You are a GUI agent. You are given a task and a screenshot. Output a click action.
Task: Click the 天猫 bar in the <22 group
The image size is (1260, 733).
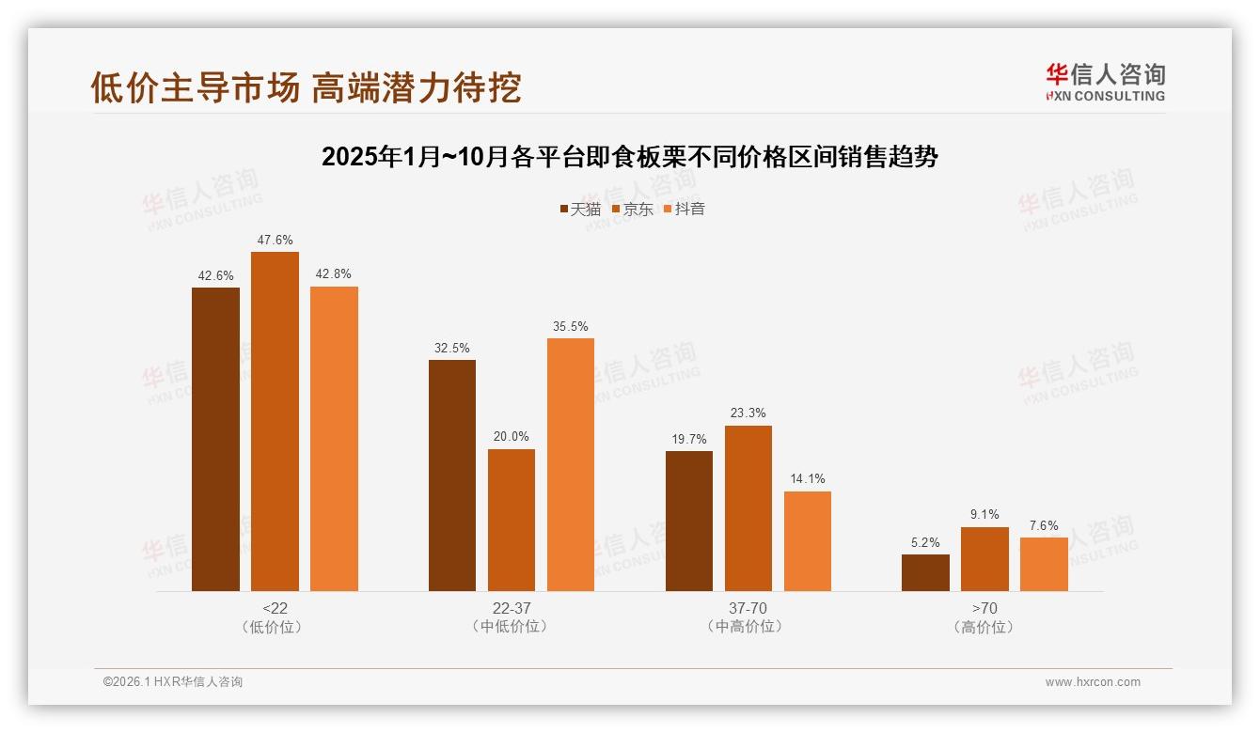[215, 439]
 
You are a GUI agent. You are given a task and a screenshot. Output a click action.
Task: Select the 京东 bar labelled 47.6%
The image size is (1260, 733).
[275, 421]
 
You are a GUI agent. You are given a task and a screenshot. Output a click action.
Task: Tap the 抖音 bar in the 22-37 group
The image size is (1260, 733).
[571, 464]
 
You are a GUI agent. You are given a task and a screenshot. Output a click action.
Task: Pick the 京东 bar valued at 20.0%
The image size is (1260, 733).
[512, 520]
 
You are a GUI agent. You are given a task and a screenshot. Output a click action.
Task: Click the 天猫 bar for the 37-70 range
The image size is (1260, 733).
[689, 521]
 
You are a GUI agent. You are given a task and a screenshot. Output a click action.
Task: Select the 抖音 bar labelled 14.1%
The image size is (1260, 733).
[808, 540]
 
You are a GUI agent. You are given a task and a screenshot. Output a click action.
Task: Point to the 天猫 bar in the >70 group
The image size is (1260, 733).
[925, 572]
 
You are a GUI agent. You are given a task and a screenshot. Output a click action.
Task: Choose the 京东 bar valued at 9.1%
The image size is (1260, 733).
[984, 559]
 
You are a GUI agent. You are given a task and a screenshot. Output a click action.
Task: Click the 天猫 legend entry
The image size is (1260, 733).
[580, 209]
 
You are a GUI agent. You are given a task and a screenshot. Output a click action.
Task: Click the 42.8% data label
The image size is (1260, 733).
[334, 274]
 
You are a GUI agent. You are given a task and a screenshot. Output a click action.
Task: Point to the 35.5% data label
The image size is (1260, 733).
[571, 326]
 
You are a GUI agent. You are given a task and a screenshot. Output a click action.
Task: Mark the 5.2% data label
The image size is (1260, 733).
[925, 542]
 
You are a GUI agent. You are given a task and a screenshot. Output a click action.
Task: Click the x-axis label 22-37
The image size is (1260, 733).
[512, 608]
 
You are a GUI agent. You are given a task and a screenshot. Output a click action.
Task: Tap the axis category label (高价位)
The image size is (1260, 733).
[984, 627]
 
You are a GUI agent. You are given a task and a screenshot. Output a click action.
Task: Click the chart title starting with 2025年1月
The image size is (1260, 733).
[629, 156]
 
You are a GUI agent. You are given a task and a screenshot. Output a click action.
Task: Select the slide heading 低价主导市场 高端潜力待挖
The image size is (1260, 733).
[306, 87]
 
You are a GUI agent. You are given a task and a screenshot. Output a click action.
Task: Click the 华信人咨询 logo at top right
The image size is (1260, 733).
[1105, 82]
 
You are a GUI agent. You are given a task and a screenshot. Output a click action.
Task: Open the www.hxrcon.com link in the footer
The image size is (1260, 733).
[1093, 682]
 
